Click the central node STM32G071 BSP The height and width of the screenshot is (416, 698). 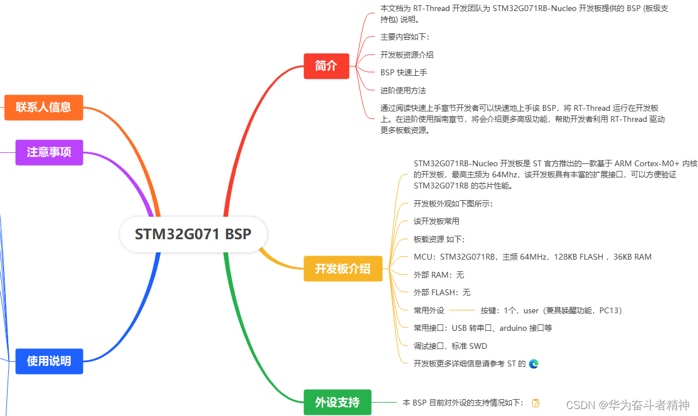(x=193, y=235)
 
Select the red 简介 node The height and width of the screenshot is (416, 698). (x=326, y=66)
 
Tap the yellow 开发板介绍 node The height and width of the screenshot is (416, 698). (x=343, y=269)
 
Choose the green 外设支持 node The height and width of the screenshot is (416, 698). (x=337, y=402)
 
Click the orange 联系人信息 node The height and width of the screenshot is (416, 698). (x=44, y=107)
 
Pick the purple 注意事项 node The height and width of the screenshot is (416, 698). (x=49, y=152)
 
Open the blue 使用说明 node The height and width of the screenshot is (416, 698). (x=49, y=361)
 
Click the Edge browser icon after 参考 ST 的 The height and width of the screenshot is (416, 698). (x=533, y=363)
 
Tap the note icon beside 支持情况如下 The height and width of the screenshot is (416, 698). (x=536, y=403)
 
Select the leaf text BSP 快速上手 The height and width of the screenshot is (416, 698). (x=404, y=72)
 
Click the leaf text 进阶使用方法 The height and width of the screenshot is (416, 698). (x=403, y=90)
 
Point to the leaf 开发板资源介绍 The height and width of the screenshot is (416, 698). (x=407, y=55)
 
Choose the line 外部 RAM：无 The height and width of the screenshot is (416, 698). (x=439, y=275)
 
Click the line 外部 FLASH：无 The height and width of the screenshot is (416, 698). (x=442, y=292)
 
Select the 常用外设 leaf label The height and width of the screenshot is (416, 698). (x=429, y=310)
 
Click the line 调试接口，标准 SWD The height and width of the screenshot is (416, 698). (x=450, y=346)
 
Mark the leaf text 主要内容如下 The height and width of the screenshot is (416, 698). (x=404, y=37)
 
